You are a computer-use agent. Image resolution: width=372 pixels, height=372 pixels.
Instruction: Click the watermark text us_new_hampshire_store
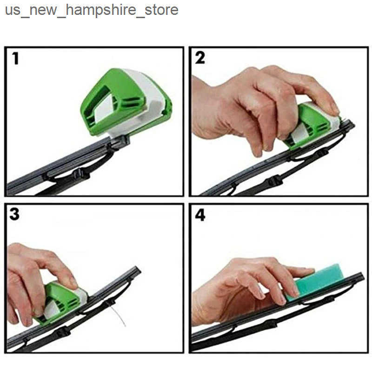point(92,10)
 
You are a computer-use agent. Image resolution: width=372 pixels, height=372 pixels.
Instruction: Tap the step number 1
point(15,59)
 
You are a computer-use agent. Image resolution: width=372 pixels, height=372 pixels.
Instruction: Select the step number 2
point(200,58)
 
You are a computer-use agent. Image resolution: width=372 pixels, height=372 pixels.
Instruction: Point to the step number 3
point(14,214)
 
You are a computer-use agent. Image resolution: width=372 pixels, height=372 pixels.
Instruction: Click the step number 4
point(200,215)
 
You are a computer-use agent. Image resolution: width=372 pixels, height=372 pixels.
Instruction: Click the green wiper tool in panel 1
point(126,102)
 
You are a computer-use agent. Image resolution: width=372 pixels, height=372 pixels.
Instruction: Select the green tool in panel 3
point(62,301)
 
